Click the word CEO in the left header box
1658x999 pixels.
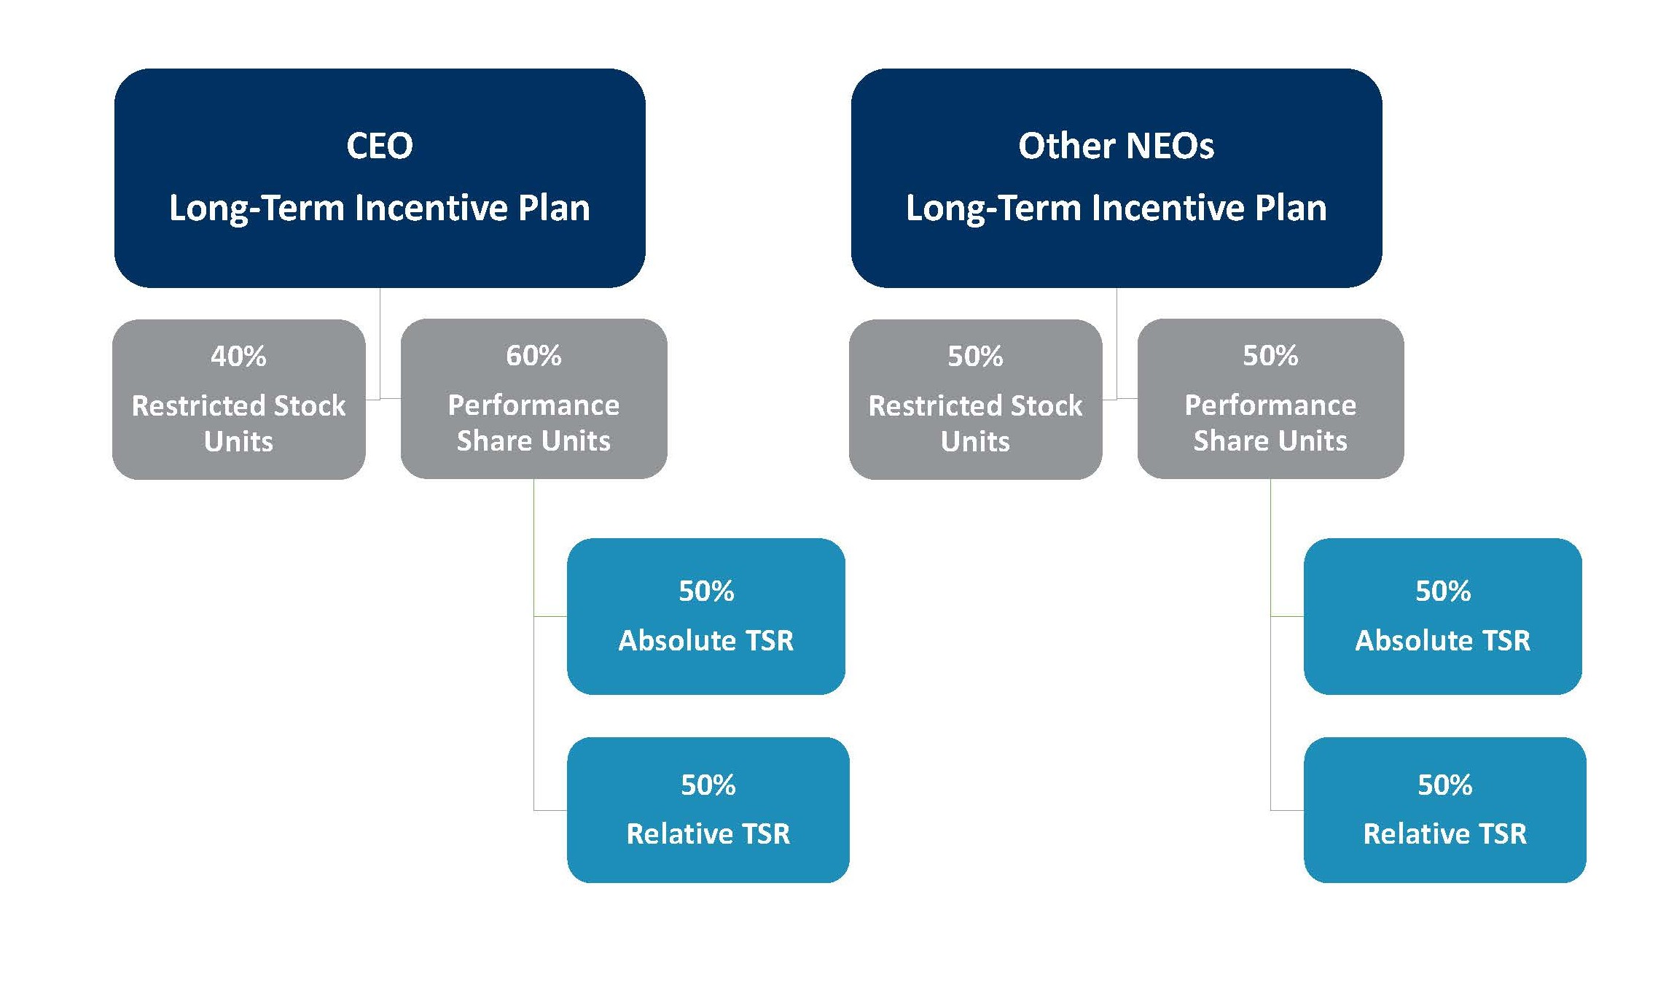(x=380, y=146)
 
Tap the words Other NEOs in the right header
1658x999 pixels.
(x=1117, y=146)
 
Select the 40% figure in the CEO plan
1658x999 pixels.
(x=238, y=357)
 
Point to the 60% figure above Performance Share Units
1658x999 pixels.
(x=533, y=356)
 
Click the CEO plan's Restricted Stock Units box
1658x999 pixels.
(x=239, y=400)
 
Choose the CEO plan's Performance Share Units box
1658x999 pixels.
(x=534, y=399)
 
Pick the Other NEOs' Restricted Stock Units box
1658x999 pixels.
(x=976, y=400)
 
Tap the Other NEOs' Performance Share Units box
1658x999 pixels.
(x=1271, y=399)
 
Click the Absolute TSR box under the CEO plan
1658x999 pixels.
(x=706, y=616)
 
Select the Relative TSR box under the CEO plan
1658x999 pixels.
(x=708, y=810)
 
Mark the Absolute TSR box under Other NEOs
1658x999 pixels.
(x=1443, y=616)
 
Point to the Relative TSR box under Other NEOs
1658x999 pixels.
(x=1445, y=810)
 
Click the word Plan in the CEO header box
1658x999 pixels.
(x=554, y=209)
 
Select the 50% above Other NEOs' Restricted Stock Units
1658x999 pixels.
(x=975, y=357)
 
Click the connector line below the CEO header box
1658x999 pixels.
(x=380, y=343)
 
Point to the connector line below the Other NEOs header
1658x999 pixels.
(x=1117, y=343)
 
